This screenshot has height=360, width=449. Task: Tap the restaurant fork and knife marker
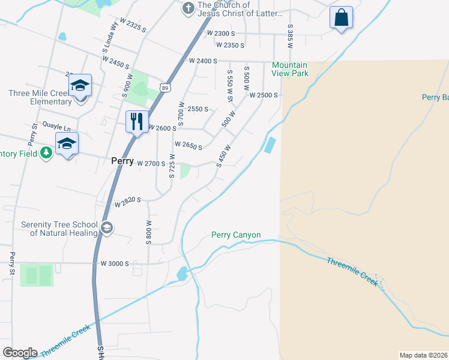tap(137, 122)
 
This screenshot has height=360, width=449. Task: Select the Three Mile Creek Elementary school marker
tap(79, 85)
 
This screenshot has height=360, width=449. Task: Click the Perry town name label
tap(122, 161)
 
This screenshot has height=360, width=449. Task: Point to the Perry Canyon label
tap(236, 235)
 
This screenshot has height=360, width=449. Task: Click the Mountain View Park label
tap(290, 69)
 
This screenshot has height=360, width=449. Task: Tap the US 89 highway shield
tap(165, 88)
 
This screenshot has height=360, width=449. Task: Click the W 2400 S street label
tap(202, 61)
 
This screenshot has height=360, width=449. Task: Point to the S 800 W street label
tap(148, 232)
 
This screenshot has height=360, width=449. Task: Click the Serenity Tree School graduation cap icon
tap(106, 227)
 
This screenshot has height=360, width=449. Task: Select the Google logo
tap(20, 353)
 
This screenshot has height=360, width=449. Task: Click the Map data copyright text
tap(424, 355)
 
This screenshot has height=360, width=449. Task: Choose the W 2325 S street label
tap(133, 25)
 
